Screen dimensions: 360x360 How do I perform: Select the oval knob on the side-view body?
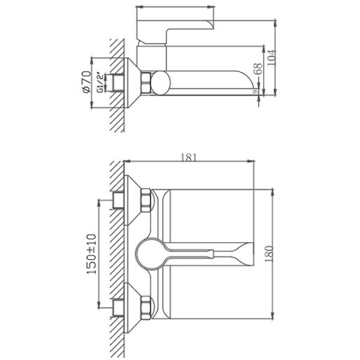[x=161, y=83]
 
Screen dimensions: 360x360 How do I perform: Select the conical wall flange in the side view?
[x=134, y=83]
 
